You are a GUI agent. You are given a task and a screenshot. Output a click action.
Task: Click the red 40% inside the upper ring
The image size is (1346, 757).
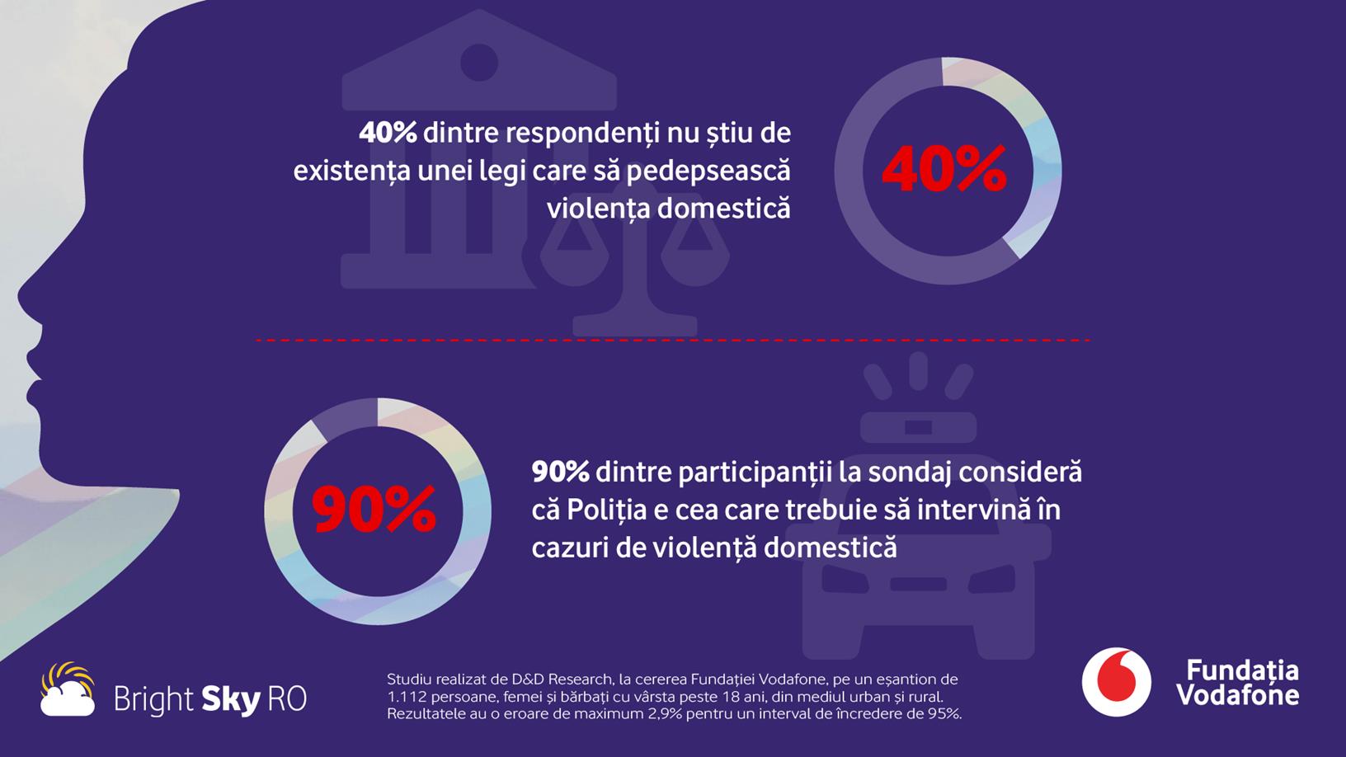point(944,170)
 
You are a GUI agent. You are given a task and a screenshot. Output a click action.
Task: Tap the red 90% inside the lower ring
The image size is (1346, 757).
point(374,510)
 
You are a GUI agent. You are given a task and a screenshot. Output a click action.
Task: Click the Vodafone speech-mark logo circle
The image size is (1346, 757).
point(1116,682)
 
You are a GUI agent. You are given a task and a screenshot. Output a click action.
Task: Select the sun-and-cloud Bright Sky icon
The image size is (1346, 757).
point(68,689)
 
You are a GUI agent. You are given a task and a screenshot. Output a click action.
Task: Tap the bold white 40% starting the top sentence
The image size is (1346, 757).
point(388,133)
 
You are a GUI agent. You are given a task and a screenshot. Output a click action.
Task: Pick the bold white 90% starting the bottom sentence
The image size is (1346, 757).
point(560,472)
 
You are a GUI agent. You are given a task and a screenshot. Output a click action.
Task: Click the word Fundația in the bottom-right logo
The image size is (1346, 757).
point(1242,670)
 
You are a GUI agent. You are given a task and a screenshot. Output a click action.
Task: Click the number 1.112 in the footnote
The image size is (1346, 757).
point(405,697)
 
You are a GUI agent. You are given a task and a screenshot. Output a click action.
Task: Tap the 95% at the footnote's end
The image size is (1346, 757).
point(944,714)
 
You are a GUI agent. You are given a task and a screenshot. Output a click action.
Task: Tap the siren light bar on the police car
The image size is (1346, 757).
point(918,427)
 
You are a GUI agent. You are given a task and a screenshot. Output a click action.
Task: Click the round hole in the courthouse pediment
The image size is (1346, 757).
point(478,63)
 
